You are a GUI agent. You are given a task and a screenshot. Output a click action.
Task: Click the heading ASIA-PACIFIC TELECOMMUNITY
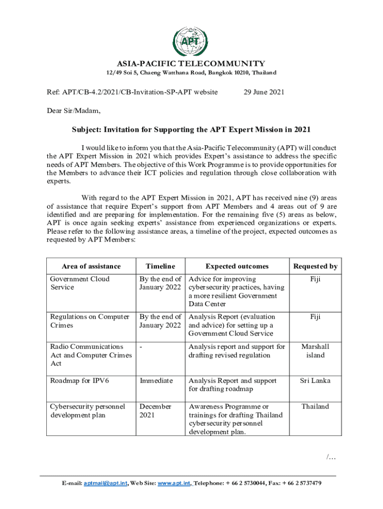pos(191,64)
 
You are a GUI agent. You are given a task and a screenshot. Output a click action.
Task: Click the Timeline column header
pos(161,266)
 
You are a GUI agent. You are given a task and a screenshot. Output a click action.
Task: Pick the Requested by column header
pos(315,266)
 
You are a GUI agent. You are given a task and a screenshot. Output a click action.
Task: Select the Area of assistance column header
pos(91,266)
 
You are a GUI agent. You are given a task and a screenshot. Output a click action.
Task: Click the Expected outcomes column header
pos(237,266)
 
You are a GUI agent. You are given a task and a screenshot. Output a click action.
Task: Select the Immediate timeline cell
pos(156,381)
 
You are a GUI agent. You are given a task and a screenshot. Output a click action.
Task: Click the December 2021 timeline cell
pos(155,411)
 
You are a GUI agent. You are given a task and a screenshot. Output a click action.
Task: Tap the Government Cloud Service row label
pos(80,283)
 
